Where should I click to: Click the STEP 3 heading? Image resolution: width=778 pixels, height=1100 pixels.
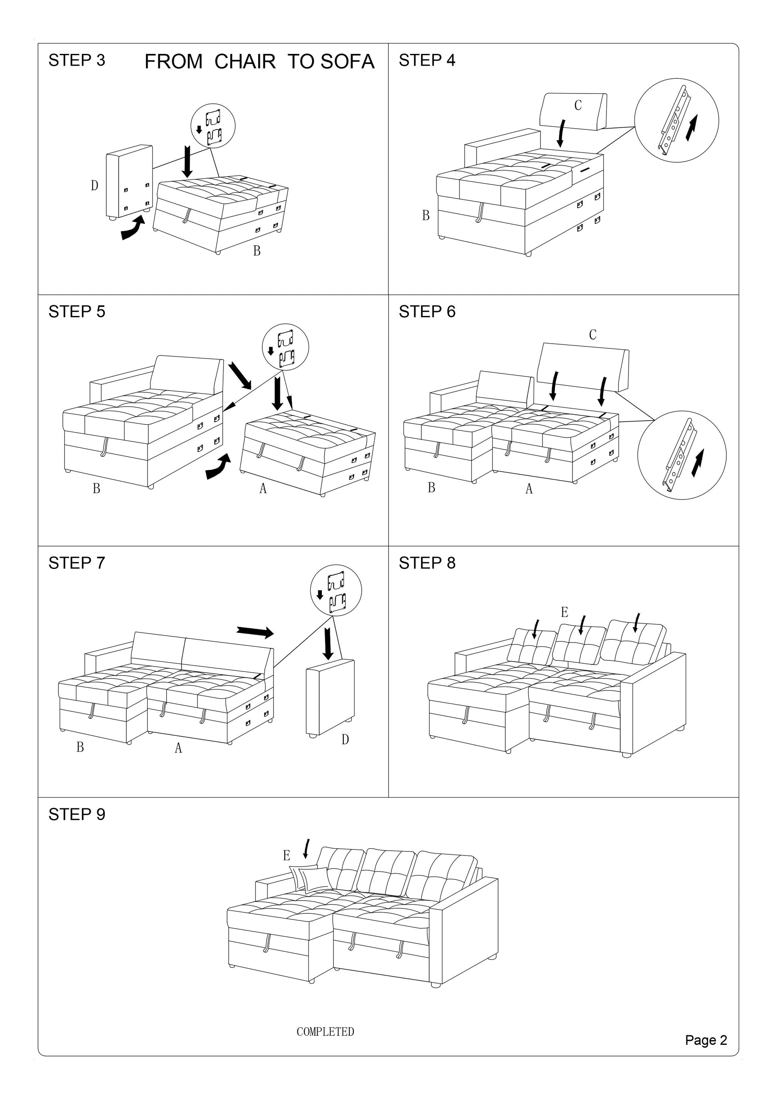point(77,60)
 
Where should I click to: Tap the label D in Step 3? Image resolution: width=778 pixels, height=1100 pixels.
point(94,185)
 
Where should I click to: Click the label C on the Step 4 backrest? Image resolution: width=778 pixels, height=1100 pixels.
point(578,105)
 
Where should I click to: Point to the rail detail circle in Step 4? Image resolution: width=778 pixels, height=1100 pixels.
point(676,120)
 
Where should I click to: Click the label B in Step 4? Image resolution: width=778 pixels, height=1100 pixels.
point(425,216)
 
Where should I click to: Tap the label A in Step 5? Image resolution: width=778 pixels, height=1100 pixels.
point(263,489)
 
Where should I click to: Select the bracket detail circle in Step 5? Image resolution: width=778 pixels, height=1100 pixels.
point(286,347)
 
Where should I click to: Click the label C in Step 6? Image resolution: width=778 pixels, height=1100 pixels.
point(592,334)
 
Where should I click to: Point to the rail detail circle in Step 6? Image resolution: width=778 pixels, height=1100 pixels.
point(682,454)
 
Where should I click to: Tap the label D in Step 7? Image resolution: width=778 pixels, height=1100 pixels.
point(345,739)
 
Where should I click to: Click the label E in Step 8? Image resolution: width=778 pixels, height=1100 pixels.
point(564,612)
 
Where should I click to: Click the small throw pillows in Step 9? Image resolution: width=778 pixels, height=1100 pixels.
point(309,879)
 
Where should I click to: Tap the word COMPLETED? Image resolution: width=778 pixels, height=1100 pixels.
point(325,1032)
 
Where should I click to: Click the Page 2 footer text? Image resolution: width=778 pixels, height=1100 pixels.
point(706,1040)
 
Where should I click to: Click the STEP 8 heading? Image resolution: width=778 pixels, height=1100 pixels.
point(427,563)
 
